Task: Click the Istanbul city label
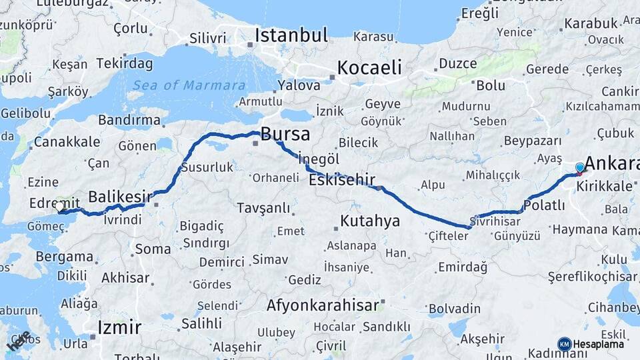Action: point(291,35)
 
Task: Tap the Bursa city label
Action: point(285,134)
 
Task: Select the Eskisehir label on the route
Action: point(342,179)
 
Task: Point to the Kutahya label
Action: point(369,221)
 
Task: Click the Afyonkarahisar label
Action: point(323,306)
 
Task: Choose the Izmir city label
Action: point(119,327)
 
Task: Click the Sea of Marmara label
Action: point(189,85)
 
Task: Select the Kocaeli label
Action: point(369,67)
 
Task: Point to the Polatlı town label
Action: point(545,206)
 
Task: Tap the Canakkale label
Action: point(67,142)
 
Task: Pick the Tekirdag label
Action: point(124,64)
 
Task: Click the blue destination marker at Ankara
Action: point(580,168)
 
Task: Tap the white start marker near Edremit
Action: point(60,207)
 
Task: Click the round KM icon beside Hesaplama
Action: point(565,344)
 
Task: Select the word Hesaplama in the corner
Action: point(599,345)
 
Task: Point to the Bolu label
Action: point(491,85)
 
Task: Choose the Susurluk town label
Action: point(207,167)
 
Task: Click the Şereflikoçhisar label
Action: point(592,276)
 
